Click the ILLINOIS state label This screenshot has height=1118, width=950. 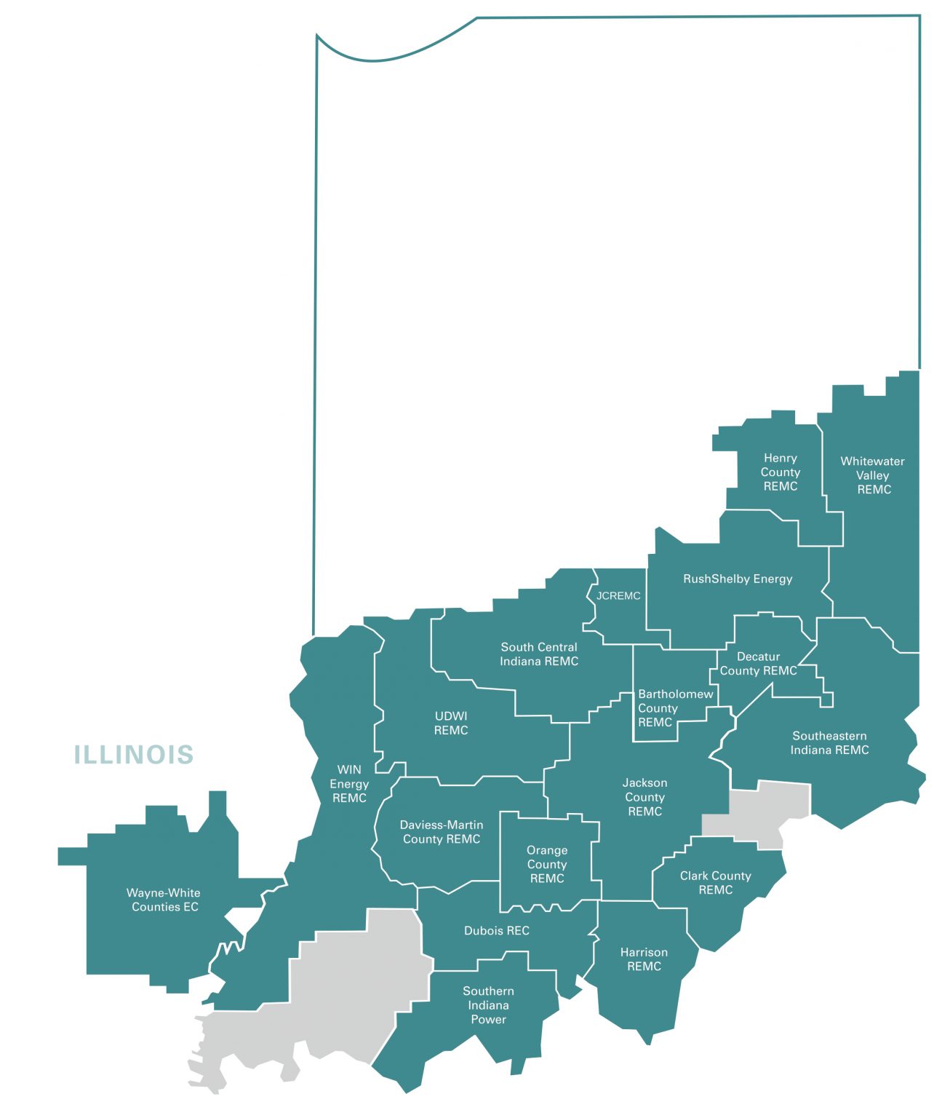pyautogui.click(x=134, y=755)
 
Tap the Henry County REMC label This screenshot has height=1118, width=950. pyautogui.click(x=781, y=472)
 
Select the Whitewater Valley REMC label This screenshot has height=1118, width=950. pyautogui.click(x=873, y=475)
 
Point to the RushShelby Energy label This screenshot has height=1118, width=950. pyautogui.click(x=738, y=579)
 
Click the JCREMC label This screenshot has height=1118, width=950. pyautogui.click(x=618, y=596)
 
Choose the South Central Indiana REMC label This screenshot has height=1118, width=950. pyautogui.click(x=539, y=654)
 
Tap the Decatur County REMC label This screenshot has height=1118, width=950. pyautogui.click(x=759, y=664)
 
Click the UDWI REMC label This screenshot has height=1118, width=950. pyautogui.click(x=451, y=723)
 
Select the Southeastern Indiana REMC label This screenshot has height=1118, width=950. pyautogui.click(x=829, y=743)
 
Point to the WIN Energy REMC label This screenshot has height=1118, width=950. pyautogui.click(x=349, y=784)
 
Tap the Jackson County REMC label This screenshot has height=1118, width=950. pyautogui.click(x=644, y=797)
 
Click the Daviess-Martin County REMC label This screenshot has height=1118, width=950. pyautogui.click(x=442, y=832)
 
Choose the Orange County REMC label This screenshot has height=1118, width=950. pyautogui.click(x=547, y=865)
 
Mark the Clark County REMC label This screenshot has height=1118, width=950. pyautogui.click(x=715, y=883)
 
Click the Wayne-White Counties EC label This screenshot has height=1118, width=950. pyautogui.click(x=164, y=900)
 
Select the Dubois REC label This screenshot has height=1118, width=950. pyautogui.click(x=497, y=931)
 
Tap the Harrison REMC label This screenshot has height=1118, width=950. pyautogui.click(x=644, y=959)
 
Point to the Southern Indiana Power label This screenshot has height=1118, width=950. pyautogui.click(x=488, y=1005)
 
